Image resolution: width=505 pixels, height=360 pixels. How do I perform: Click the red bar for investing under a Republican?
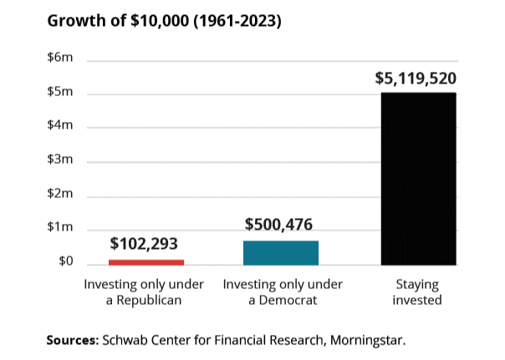pyautogui.click(x=145, y=262)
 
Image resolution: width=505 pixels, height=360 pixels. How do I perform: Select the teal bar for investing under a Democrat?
pyautogui.click(x=281, y=253)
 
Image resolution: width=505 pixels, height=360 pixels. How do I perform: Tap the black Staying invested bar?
pyautogui.click(x=418, y=179)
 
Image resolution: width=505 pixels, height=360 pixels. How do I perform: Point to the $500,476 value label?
pyautogui.click(x=281, y=225)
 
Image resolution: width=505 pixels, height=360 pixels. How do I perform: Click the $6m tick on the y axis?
pyautogui.click(x=60, y=58)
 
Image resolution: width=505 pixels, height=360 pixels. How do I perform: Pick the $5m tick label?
pyautogui.click(x=60, y=92)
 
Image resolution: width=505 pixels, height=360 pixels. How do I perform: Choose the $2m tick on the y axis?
pyautogui.click(x=60, y=195)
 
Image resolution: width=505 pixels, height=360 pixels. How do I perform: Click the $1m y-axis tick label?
pyautogui.click(x=60, y=228)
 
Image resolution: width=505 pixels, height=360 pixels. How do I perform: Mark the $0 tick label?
pyautogui.click(x=64, y=262)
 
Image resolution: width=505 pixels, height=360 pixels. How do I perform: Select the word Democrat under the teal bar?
pyautogui.click(x=289, y=300)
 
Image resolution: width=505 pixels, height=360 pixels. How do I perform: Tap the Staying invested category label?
pyautogui.click(x=417, y=292)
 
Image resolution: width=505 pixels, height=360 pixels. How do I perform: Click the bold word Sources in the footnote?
pyautogui.click(x=72, y=341)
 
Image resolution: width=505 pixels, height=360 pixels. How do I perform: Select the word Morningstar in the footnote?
pyautogui.click(x=365, y=341)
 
